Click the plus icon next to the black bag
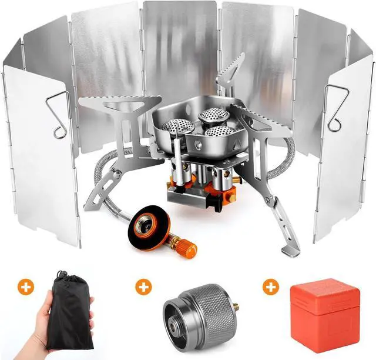click(26, 287)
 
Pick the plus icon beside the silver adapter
click(143, 287)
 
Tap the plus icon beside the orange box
click(270, 287)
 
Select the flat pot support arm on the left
click(120, 105)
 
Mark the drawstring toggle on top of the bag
click(61, 275)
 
